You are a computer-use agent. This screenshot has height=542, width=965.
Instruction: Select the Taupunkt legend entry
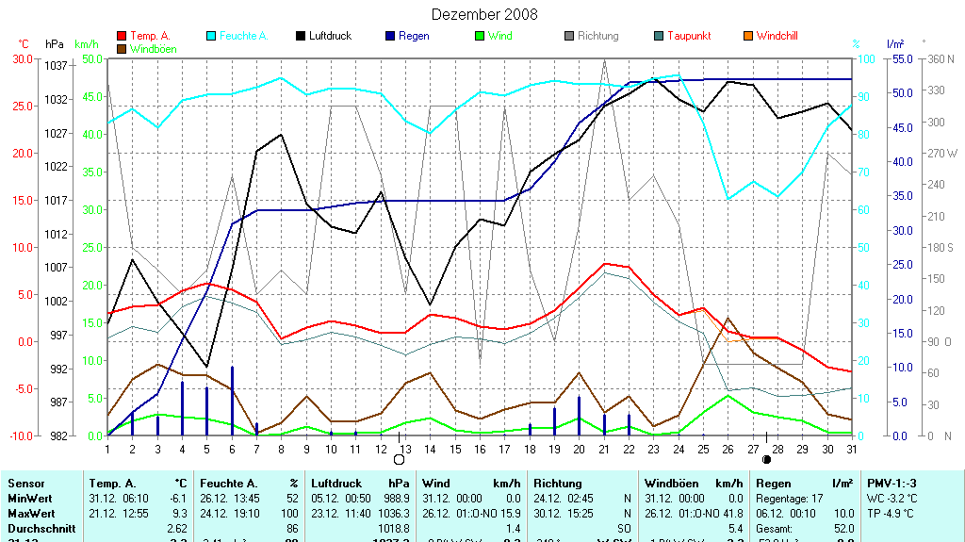pyautogui.click(x=688, y=36)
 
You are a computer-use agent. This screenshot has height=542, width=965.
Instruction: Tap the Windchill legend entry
pyautogui.click(x=777, y=36)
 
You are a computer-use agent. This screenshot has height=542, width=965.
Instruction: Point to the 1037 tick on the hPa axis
pyautogui.click(x=56, y=65)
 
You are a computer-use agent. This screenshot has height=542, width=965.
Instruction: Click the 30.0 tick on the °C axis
pyautogui.click(x=21, y=58)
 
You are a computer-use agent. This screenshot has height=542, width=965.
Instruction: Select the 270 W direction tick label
pyautogui.click(x=942, y=153)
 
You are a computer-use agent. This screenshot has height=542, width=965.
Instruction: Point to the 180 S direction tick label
pyautogui.click(x=942, y=247)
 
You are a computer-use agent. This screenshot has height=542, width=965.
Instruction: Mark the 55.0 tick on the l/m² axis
pyautogui.click(x=896, y=58)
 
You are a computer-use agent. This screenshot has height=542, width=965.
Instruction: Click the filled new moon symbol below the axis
pyautogui.click(x=766, y=460)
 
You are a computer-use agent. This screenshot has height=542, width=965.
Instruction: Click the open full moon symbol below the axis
pyautogui.click(x=399, y=460)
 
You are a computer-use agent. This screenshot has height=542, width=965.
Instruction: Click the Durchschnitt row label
pyautogui.click(x=37, y=530)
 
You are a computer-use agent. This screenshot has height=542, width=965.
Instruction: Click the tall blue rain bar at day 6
pyautogui.click(x=232, y=401)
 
